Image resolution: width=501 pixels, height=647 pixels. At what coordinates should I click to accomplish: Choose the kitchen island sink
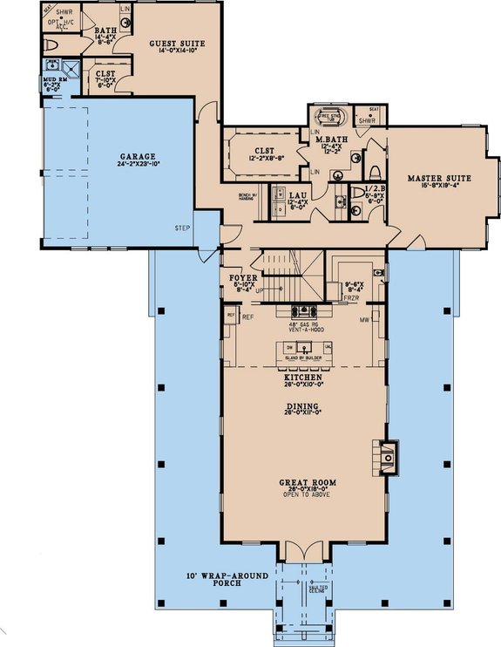coord(302,348)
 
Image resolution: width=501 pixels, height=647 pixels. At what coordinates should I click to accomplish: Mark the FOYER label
coord(242,278)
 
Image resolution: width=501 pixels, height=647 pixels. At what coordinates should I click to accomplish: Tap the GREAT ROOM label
coord(302,482)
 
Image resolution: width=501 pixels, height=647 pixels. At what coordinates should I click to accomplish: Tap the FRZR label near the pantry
coord(351,297)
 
